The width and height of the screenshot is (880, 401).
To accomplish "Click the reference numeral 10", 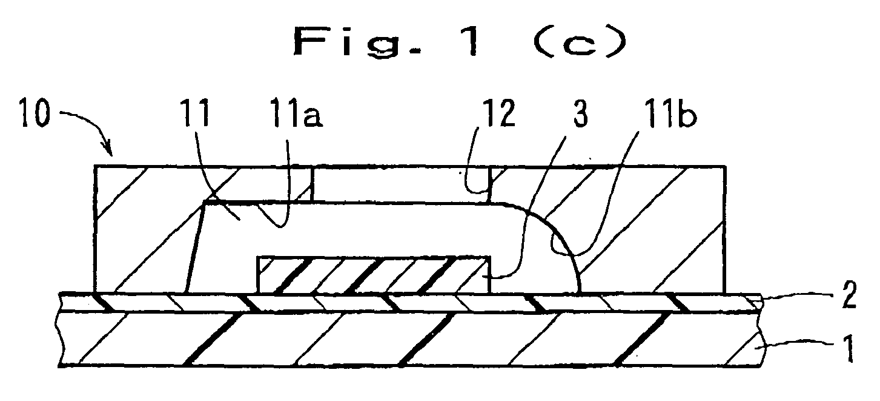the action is (36, 113).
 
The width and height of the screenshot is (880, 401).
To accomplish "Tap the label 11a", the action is (296, 113).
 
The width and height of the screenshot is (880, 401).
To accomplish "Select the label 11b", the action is (670, 113).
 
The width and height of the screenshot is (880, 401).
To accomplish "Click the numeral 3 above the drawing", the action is (581, 113).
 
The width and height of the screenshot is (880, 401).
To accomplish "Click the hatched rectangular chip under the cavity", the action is (373, 275).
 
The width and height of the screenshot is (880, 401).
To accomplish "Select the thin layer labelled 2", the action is (409, 303).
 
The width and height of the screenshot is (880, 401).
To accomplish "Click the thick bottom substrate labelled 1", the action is (409, 340).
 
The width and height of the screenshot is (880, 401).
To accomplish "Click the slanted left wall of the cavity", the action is (196, 248).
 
